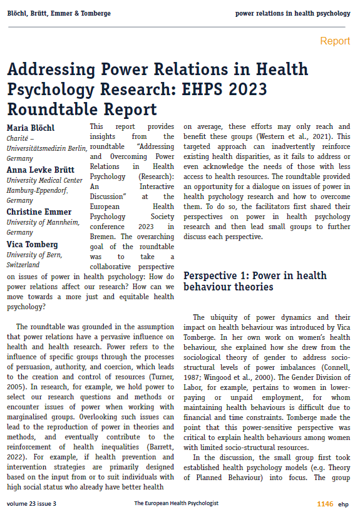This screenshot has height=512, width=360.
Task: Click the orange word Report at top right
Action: point(335,41)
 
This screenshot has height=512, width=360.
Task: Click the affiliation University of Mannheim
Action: point(41,223)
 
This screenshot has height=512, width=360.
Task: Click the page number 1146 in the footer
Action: point(325,503)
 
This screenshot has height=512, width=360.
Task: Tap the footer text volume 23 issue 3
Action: point(31,503)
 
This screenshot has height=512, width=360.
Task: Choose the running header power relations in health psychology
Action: point(292,13)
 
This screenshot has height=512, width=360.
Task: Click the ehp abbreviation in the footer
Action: point(345,503)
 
